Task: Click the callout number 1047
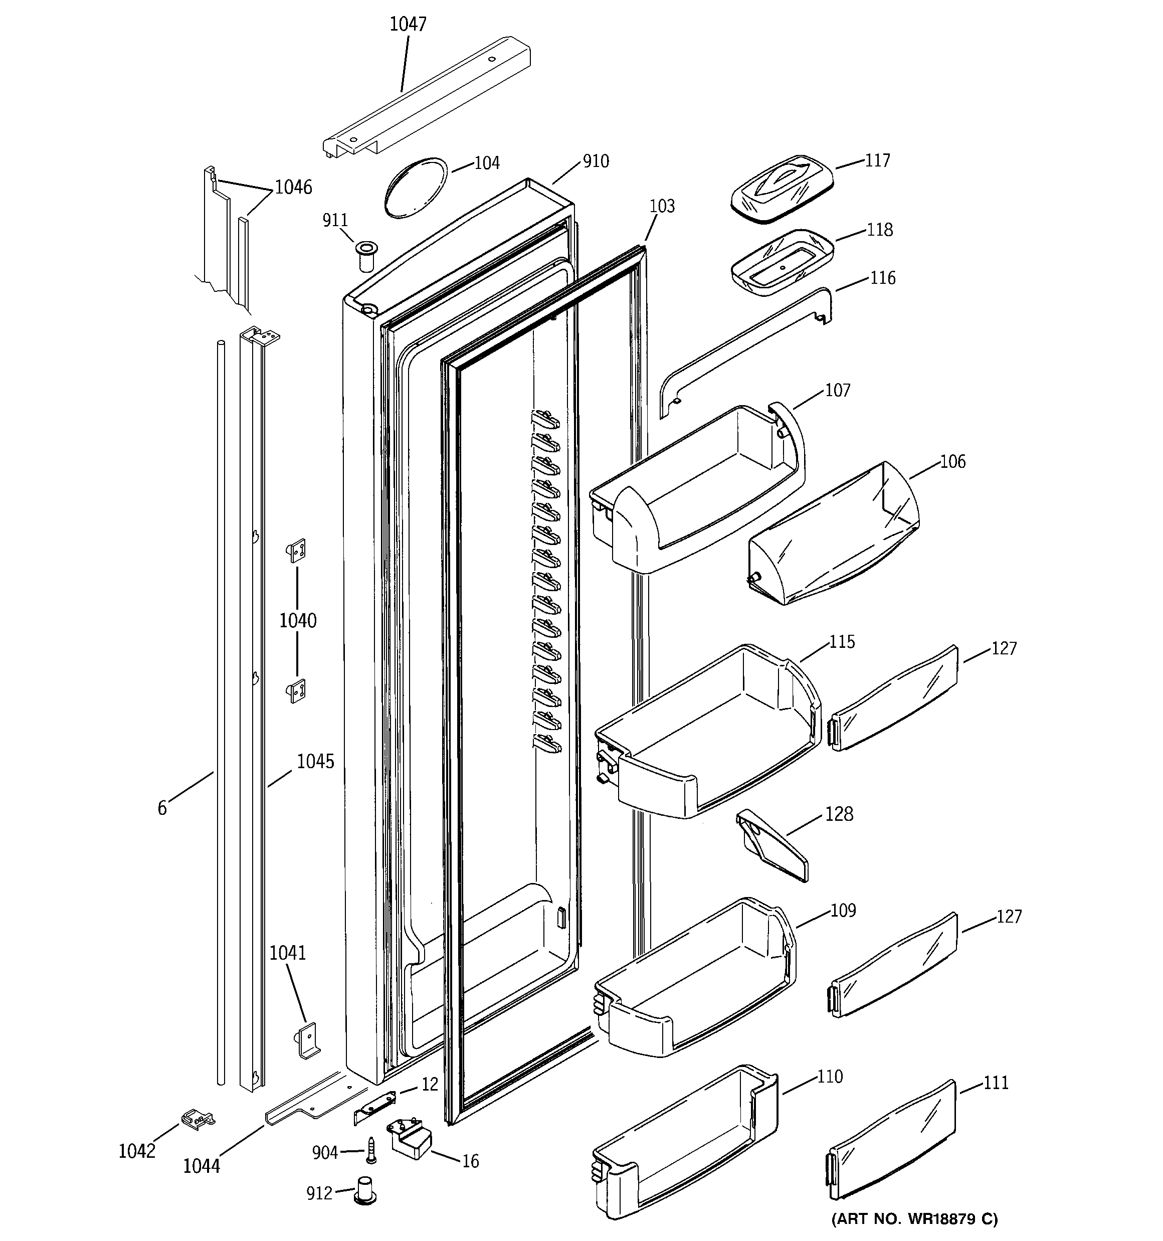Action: pos(408,25)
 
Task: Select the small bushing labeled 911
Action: pos(364,255)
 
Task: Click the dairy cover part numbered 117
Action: pos(781,188)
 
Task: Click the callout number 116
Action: pos(883,278)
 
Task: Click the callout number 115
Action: pos(842,642)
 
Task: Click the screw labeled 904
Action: pos(371,1150)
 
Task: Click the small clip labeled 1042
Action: pos(198,1119)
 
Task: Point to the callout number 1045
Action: pos(315,761)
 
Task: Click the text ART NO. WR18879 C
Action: pos(914,1218)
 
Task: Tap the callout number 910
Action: pos(596,161)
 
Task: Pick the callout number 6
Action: pos(162,808)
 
